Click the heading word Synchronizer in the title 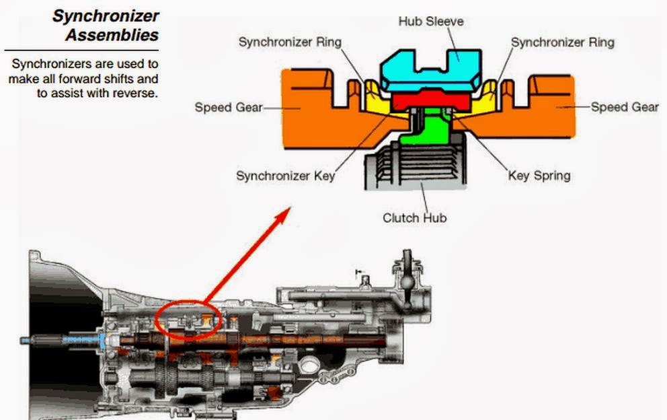click(x=106, y=15)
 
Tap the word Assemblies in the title click(x=112, y=34)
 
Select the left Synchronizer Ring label click(x=290, y=42)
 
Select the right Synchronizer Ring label click(x=562, y=42)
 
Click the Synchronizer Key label click(x=285, y=176)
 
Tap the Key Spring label click(x=539, y=176)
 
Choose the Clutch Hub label click(x=414, y=217)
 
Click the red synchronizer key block click(x=430, y=101)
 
